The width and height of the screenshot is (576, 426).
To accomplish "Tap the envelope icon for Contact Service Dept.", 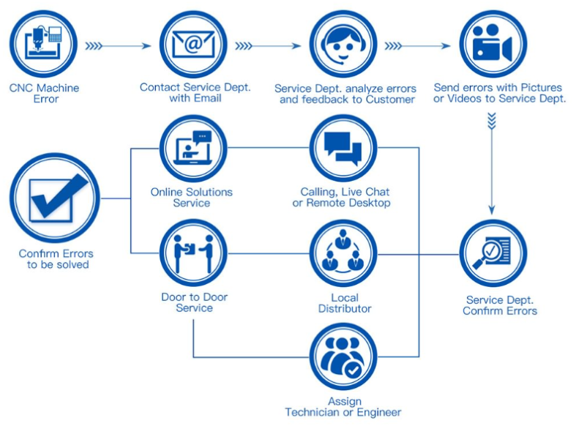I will pos(194,44).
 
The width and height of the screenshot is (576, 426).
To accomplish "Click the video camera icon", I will pos(493,44).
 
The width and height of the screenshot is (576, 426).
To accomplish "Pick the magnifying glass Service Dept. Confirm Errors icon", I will pos(493,254).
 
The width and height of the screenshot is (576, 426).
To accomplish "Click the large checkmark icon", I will pos(55,198).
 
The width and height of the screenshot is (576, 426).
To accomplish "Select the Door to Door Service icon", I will pos(193,253).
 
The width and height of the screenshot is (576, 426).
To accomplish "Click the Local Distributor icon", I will pos(343,253).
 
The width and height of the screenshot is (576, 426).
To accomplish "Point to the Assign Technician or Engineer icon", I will pos(343,358).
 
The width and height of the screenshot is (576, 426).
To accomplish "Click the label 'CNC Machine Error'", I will pos(45,94).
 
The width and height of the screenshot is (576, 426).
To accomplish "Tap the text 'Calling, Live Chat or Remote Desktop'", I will pos(344,198).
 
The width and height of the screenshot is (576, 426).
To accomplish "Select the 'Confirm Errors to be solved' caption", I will pos(57,259).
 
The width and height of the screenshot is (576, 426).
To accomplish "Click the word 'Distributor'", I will pos(344,309).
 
